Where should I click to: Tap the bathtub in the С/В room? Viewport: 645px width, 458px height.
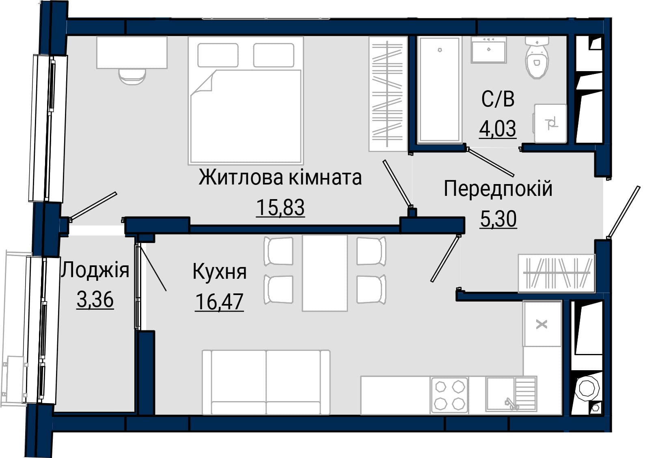[440, 90]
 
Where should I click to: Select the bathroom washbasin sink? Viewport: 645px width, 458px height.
[489, 50]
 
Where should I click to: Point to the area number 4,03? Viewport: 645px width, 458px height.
[498, 128]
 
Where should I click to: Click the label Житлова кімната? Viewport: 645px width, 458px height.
[280, 178]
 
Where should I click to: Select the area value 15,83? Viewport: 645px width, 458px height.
[280, 208]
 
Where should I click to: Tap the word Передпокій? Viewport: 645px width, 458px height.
[498, 189]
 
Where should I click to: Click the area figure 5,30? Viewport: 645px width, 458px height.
[498, 219]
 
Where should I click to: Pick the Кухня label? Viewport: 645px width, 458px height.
[220, 272]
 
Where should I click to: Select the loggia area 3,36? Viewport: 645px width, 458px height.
[95, 300]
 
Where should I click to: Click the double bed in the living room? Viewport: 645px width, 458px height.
[246, 100]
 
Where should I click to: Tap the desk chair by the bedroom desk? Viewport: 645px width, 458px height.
[132, 77]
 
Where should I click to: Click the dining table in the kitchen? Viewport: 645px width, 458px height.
[325, 273]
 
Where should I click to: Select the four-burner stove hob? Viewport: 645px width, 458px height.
[449, 395]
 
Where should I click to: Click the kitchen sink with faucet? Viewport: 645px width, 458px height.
[511, 394]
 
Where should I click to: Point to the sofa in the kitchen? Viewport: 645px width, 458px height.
[266, 382]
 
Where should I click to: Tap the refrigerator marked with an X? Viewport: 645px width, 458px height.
[542, 323]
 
